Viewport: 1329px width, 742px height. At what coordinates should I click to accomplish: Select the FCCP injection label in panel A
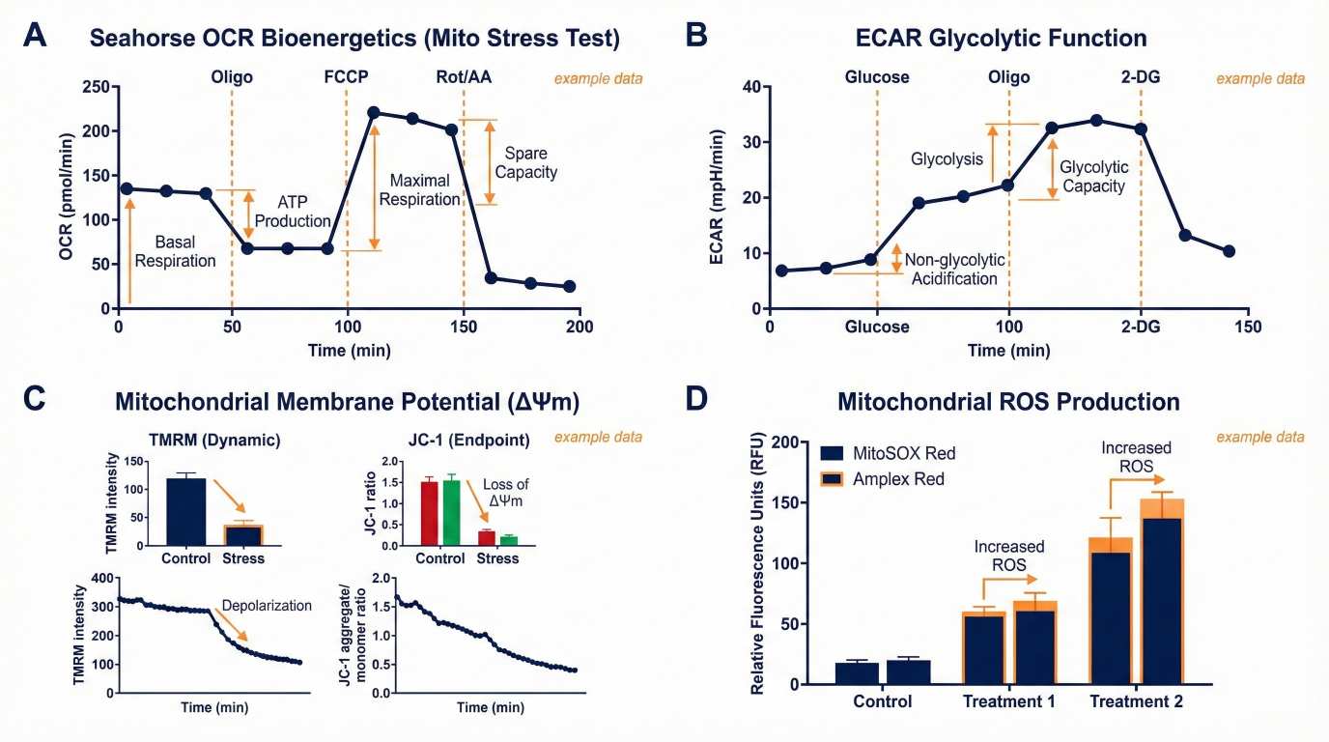pyautogui.click(x=347, y=77)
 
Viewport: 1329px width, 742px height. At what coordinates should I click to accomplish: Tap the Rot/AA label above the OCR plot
pyautogui.click(x=464, y=77)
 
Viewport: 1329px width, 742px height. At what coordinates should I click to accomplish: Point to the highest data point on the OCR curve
pyautogui.click(x=374, y=112)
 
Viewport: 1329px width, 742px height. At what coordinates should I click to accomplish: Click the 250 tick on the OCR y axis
pyautogui.click(x=94, y=87)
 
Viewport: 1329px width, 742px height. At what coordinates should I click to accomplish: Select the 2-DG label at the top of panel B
pyautogui.click(x=1141, y=77)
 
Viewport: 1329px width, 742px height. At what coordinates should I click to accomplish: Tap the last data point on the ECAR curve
pyautogui.click(x=1229, y=251)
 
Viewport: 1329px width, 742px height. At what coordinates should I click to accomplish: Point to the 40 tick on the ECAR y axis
pyautogui.click(x=749, y=87)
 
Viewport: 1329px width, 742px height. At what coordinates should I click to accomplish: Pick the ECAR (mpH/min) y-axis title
pyautogui.click(x=721, y=197)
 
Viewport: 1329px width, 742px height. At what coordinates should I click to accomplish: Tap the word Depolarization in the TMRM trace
pyautogui.click(x=267, y=606)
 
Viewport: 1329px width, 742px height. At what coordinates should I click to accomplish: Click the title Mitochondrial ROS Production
pyautogui.click(x=1008, y=401)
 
